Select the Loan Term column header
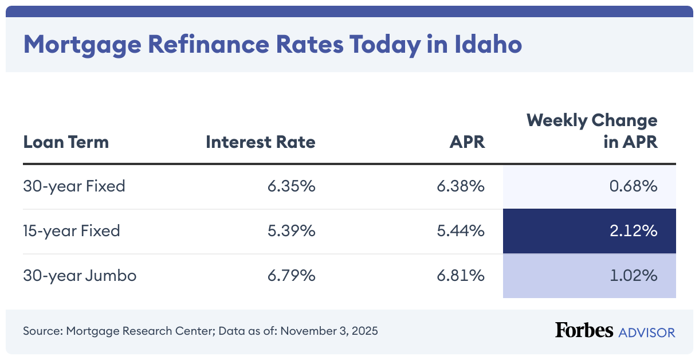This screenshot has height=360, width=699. coord(66,142)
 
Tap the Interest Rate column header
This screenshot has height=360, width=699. coord(261,142)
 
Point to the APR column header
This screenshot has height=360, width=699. coord(467,142)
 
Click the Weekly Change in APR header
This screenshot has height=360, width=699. coord(592,131)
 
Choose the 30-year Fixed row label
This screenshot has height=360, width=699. coord(74,186)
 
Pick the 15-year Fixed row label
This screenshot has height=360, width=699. coord(72,231)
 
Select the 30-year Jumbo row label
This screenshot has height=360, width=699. coord(80,276)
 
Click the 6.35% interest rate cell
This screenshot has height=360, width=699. coord(291,186)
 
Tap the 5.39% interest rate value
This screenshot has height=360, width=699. coord(291,231)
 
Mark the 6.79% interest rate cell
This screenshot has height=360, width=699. coord(291,276)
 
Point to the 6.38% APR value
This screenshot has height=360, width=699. coord(461,186)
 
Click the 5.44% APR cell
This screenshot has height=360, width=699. coord(461,231)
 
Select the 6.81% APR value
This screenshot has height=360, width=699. coord(461,276)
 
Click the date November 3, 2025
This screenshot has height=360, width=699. coord(329,331)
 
